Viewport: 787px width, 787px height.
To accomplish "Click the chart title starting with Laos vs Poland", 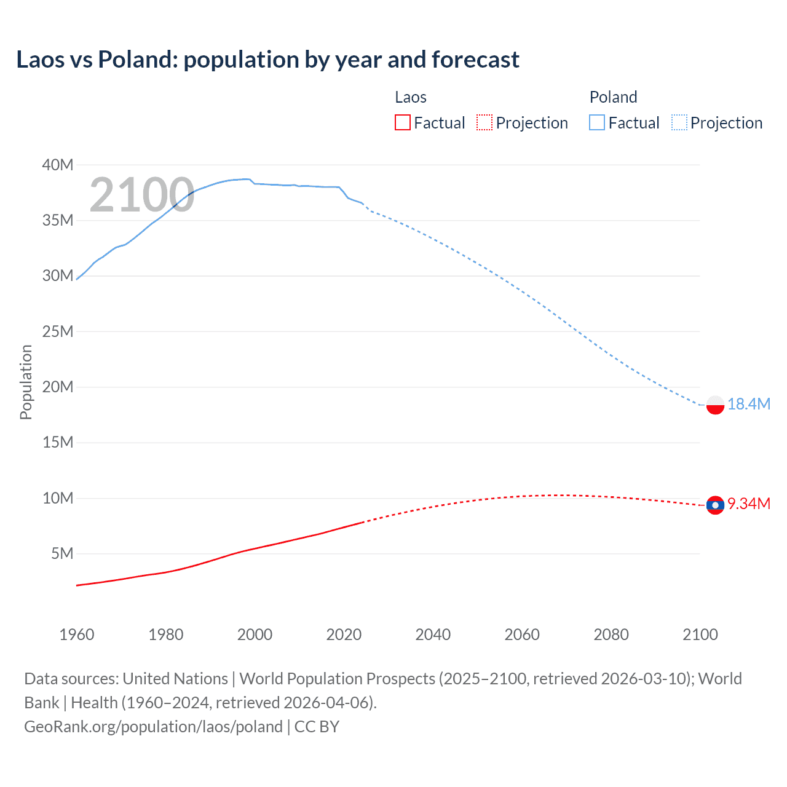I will point(267,60).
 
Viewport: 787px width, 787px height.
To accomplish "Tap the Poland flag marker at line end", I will point(715,405).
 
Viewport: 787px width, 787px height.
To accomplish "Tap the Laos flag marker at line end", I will point(715,505).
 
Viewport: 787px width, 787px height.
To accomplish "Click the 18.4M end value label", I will point(748,404).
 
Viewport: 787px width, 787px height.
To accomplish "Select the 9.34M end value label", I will point(748,504).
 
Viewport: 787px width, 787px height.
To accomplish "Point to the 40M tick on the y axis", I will point(58,165).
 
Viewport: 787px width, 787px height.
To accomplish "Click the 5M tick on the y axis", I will point(62,553).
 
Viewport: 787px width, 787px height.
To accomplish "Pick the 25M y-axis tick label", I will point(58,331).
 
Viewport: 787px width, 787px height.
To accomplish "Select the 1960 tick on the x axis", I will point(77,635).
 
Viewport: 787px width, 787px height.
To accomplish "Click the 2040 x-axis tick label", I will point(433,635).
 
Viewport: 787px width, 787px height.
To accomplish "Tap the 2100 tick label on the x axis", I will point(700,635).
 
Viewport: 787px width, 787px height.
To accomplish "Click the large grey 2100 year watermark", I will point(142,196).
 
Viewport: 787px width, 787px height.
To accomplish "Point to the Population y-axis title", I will point(26,382).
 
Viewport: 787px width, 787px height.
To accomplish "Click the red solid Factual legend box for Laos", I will point(403,123).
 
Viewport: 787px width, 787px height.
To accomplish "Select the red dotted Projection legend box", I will point(484,123).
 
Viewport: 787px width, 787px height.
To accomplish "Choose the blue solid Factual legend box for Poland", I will point(597,123).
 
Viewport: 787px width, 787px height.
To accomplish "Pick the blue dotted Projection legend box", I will point(679,123).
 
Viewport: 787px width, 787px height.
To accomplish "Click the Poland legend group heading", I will point(613,97).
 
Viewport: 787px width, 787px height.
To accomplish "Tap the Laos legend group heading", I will point(411,97).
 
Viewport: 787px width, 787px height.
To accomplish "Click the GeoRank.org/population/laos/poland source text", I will point(153,727).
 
